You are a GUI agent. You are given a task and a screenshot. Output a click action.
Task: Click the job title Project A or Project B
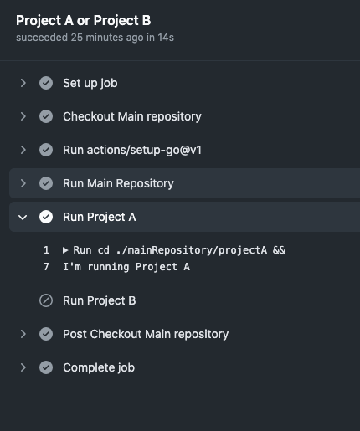[x=83, y=21]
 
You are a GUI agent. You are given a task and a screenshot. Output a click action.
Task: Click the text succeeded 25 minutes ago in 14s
[x=95, y=38]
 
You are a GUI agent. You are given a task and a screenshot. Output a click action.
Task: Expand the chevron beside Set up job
[x=23, y=83]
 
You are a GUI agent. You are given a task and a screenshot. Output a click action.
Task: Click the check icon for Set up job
[x=46, y=83]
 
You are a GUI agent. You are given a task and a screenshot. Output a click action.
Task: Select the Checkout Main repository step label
[x=132, y=116]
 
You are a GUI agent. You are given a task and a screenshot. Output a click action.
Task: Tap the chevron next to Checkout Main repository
[x=23, y=116]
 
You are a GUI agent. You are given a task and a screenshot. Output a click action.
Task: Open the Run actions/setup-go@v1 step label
[x=132, y=150]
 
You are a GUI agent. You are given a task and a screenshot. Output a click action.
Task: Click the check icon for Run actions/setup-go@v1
[x=46, y=150]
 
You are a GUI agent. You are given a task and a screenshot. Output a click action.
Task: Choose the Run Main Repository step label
[x=118, y=183]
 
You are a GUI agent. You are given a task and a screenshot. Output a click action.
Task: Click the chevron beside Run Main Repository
[x=23, y=183]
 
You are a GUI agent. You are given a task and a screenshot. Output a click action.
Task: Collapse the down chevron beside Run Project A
[x=23, y=217]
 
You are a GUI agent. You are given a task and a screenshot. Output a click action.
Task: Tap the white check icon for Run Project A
[x=46, y=217]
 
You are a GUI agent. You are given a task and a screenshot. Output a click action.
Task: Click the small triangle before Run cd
[x=65, y=250]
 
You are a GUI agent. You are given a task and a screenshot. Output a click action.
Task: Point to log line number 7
[x=46, y=267]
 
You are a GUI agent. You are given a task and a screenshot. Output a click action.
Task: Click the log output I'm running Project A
[x=126, y=267]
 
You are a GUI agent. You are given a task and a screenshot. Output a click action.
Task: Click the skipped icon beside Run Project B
[x=46, y=300]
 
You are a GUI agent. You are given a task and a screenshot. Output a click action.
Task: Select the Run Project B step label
[x=100, y=300]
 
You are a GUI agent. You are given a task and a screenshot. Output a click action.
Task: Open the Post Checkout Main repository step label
[x=146, y=334]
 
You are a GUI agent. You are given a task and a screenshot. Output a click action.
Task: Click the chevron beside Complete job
[x=23, y=367]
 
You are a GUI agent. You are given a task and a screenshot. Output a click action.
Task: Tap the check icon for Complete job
[x=46, y=367]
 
